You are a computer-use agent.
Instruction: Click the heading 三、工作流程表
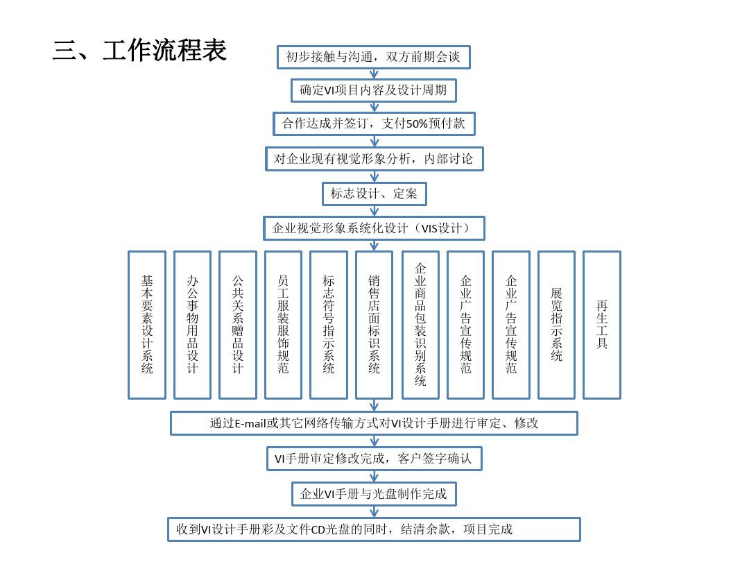tap(139, 50)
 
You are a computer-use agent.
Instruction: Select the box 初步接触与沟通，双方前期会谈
tap(374, 58)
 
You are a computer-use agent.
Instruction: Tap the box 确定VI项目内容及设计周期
tap(374, 90)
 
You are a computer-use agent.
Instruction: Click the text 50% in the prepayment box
tap(417, 124)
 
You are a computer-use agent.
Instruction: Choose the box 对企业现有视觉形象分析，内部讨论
tap(374, 159)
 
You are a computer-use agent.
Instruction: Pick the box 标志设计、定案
tap(374, 194)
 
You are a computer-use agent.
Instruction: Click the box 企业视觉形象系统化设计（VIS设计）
tap(374, 228)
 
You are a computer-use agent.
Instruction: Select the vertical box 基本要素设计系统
tap(147, 325)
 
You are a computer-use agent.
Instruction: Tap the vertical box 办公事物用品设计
tap(193, 325)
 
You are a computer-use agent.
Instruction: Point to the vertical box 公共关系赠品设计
tap(238, 325)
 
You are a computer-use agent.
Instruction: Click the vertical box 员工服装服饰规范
tap(283, 325)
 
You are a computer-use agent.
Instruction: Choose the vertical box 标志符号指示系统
tap(329, 325)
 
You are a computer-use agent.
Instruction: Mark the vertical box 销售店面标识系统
tap(374, 325)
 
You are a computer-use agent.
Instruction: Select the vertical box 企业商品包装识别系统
tap(420, 325)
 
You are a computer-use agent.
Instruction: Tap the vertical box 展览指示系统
tap(556, 325)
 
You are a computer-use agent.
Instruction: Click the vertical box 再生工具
tap(602, 325)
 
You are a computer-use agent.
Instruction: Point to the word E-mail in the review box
tap(250, 423)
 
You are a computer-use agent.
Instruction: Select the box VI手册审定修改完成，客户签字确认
tap(374, 459)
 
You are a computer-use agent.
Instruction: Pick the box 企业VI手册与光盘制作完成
tap(374, 494)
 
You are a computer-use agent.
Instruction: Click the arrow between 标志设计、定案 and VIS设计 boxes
tap(374, 211)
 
